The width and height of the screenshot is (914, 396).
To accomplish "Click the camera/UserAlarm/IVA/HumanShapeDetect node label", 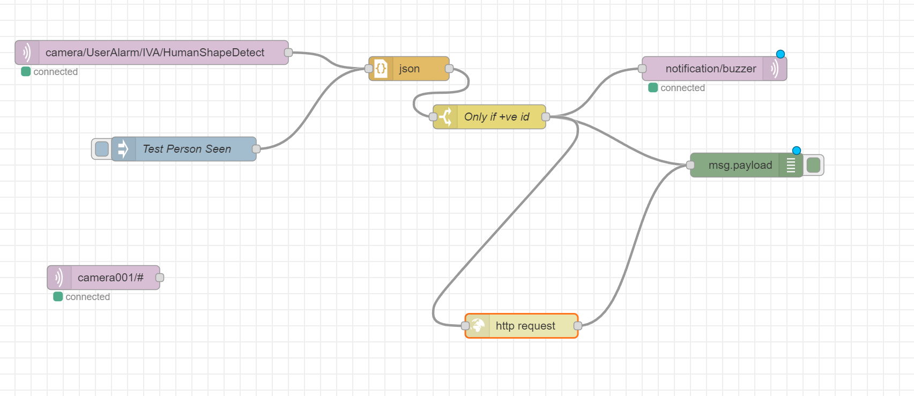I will pyautogui.click(x=154, y=53).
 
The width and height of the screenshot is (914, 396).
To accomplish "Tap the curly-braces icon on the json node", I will pyautogui.click(x=381, y=69).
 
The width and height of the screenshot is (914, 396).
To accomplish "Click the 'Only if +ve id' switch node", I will pyautogui.click(x=496, y=117).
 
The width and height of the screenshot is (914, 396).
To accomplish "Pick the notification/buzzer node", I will pyautogui.click(x=710, y=69).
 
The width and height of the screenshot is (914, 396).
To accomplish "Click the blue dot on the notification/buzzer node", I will pyautogui.click(x=781, y=54).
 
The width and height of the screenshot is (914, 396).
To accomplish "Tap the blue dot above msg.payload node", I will pyautogui.click(x=797, y=151).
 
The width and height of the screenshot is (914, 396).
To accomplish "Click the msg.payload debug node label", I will pyautogui.click(x=740, y=165).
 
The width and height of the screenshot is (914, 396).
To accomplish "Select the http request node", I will pyautogui.click(x=525, y=326).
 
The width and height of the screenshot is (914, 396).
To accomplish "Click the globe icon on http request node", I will pyautogui.click(x=477, y=326).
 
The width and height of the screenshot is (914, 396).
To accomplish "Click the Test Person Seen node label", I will pyautogui.click(x=187, y=149).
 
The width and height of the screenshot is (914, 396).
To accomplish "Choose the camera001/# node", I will pyautogui.click(x=110, y=278).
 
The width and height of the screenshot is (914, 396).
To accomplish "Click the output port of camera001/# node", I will pyautogui.click(x=160, y=278).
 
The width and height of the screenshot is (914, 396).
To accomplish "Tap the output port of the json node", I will pyautogui.click(x=449, y=69).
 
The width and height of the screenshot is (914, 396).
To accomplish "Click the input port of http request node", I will pyautogui.click(x=465, y=326).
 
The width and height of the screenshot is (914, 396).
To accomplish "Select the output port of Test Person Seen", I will pyautogui.click(x=256, y=149).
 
